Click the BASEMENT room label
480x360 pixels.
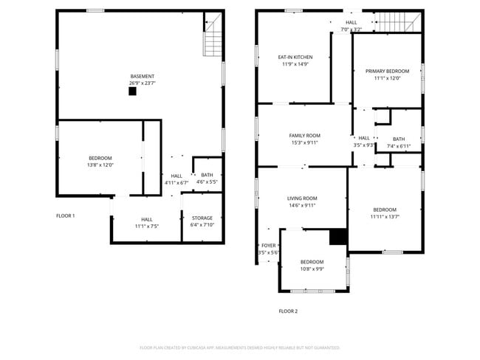click(143, 76)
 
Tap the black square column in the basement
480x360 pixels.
click(132, 91)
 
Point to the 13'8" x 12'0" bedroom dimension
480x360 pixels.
click(100, 165)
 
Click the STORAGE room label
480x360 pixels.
click(202, 218)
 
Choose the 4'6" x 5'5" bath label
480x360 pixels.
click(207, 182)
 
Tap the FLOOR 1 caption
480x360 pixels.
click(66, 215)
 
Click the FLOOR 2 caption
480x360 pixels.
click(288, 311)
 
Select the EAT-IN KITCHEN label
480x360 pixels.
click(295, 57)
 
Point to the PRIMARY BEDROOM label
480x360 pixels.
click(387, 71)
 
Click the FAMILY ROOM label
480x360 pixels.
click(304, 136)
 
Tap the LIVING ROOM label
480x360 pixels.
click(302, 198)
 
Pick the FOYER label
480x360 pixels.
click(268, 246)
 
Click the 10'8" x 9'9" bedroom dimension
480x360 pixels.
click(312, 269)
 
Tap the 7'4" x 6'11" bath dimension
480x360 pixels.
click(399, 147)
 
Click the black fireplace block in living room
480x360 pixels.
click(338, 236)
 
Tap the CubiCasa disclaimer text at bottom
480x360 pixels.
click(240, 347)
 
